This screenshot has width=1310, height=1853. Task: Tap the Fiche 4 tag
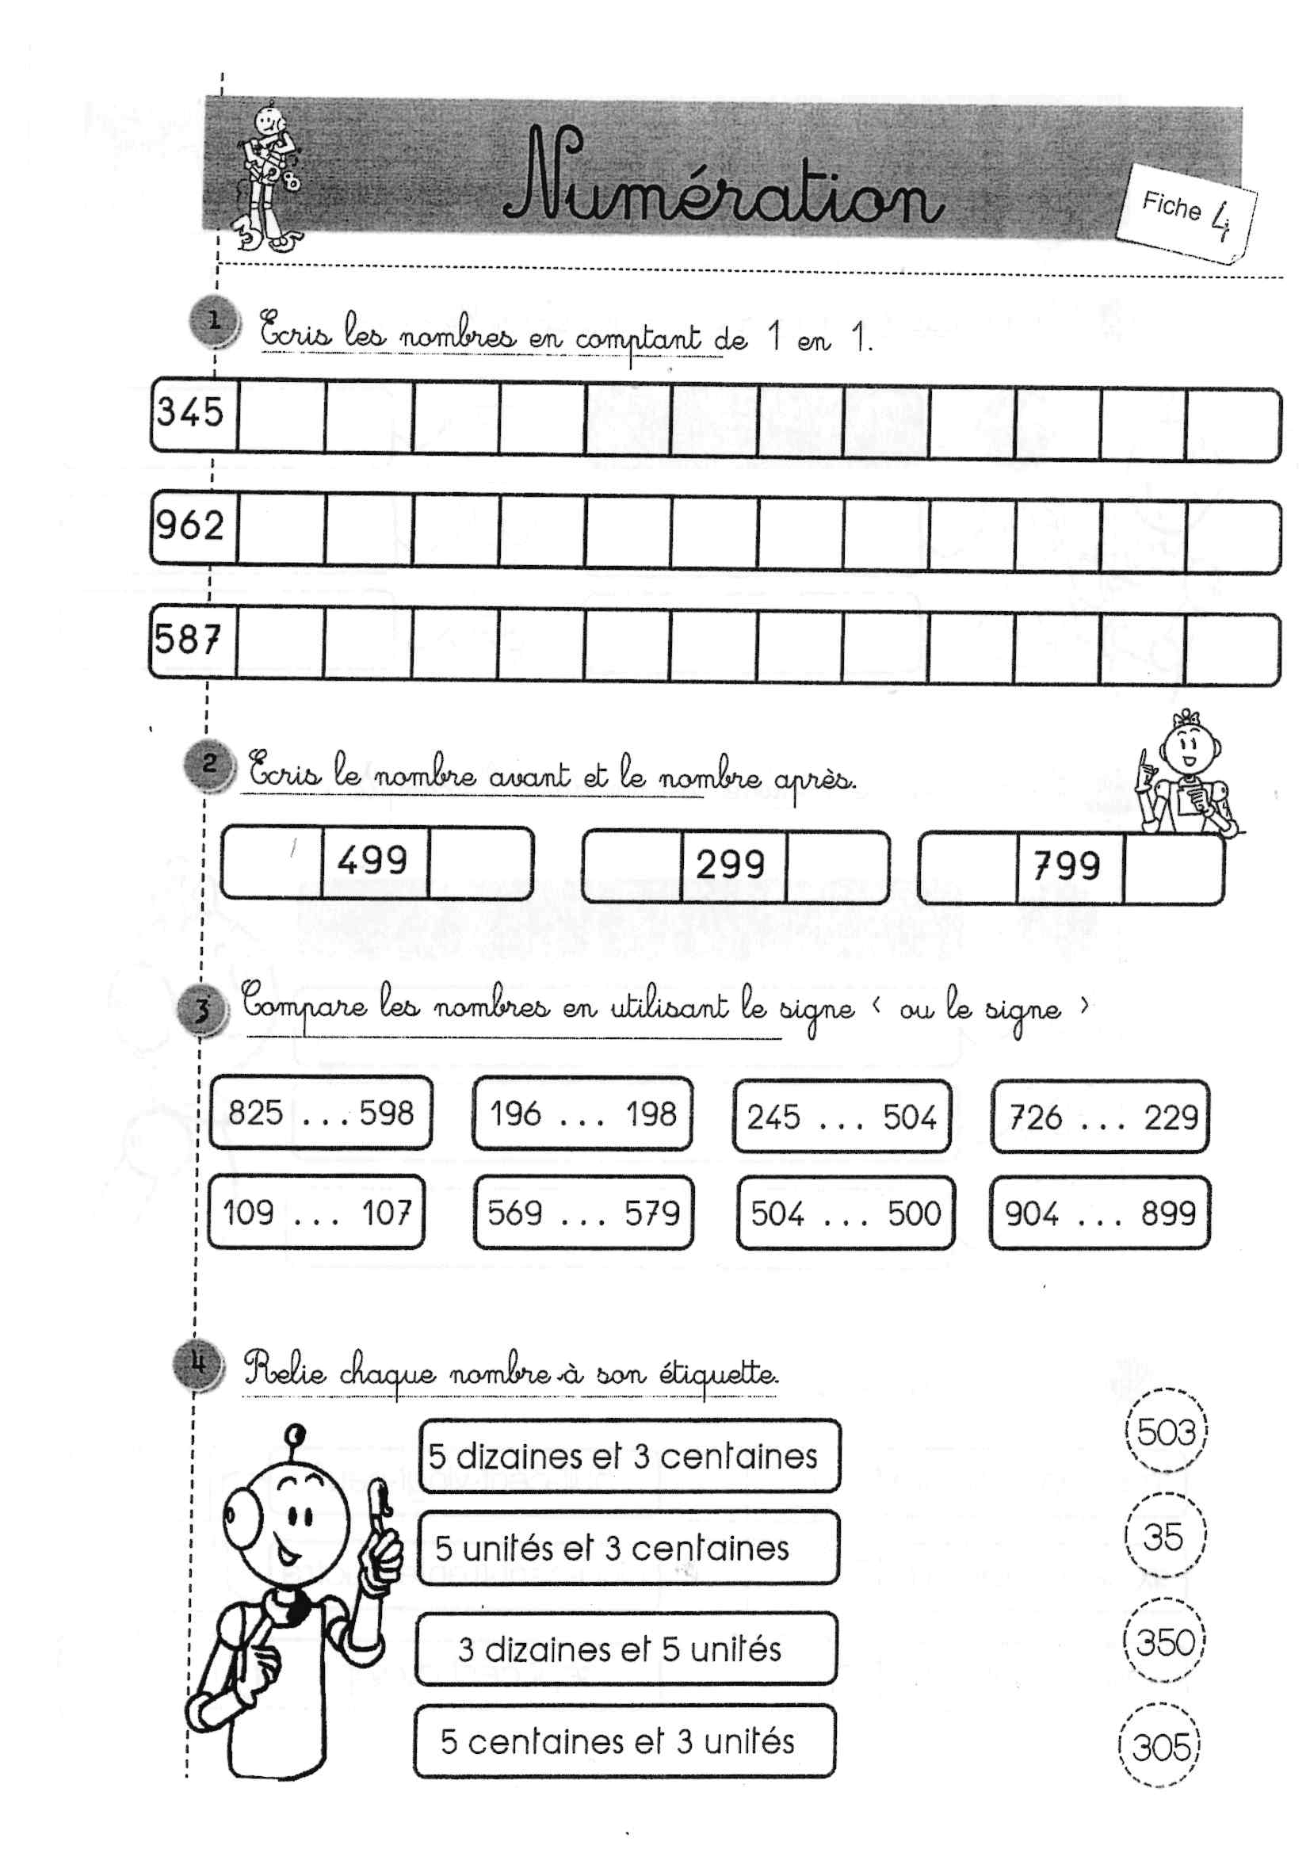coord(1185,212)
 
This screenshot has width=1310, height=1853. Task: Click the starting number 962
coord(190,525)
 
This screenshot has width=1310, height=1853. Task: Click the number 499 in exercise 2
coord(373,861)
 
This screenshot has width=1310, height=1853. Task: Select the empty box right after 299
coord(837,865)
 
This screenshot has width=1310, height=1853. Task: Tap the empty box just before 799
coord(968,868)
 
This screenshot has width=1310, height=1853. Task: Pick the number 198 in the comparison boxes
coord(651,1114)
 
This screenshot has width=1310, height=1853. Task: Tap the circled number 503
coord(1166,1432)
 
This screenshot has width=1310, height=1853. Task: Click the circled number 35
coord(1163,1537)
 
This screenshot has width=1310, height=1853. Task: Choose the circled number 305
coord(1161,1748)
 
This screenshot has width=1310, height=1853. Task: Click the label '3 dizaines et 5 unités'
coord(620,1649)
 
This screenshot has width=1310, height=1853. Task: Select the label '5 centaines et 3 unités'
coord(617,1741)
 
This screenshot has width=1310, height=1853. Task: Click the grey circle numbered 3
coord(201,1010)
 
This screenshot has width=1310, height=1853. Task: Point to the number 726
coord(1036,1118)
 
